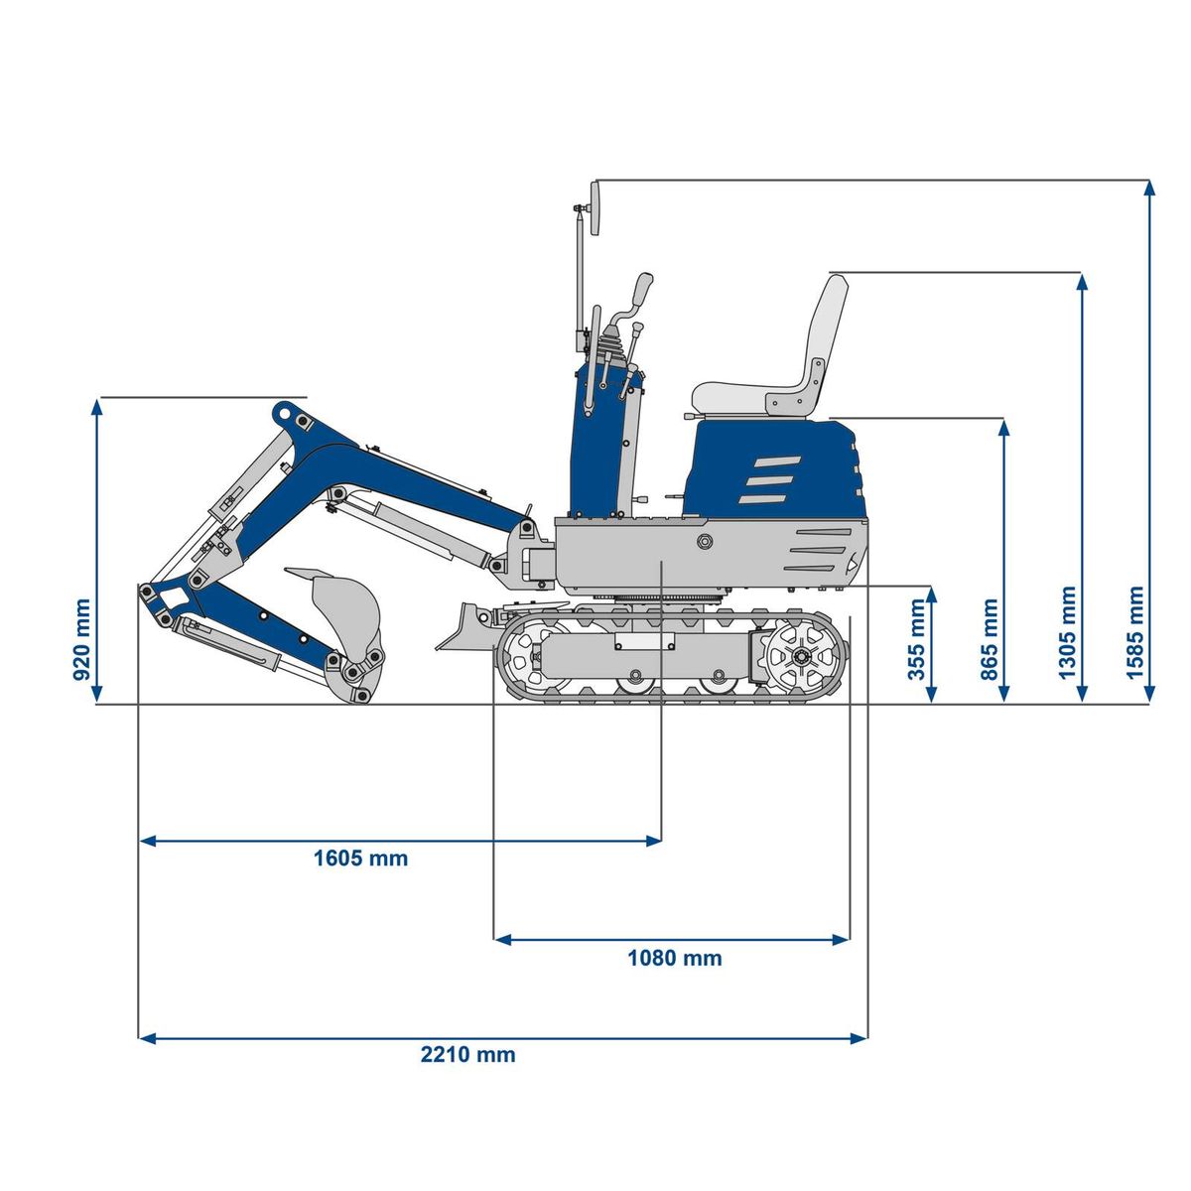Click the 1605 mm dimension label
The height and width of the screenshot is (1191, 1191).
point(360,858)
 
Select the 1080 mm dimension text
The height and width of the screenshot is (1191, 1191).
point(674,958)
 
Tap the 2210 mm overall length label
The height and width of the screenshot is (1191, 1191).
point(467,1054)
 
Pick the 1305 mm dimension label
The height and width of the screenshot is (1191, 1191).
point(1067,632)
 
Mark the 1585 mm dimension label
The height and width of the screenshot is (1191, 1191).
point(1135,632)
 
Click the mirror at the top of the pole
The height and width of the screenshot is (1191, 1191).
point(595,207)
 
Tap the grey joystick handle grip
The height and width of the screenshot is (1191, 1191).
point(643,290)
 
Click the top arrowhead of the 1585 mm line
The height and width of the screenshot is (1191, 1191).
point(1149,187)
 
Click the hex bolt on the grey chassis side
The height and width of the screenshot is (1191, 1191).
point(705,541)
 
